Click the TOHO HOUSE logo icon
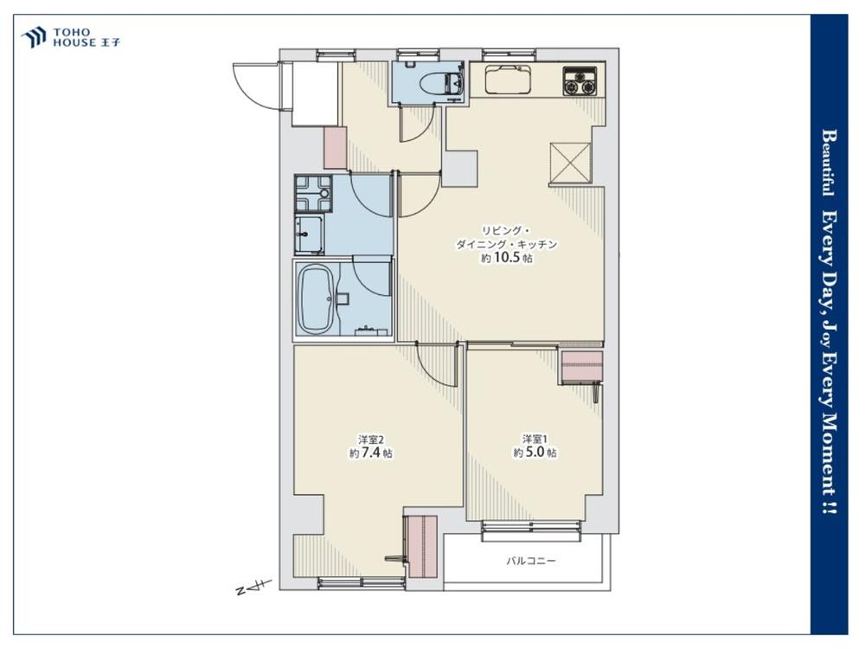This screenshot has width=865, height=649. pyautogui.click(x=33, y=37)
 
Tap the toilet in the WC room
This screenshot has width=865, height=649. pyautogui.click(x=441, y=83)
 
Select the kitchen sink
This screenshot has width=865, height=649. pyautogui.click(x=509, y=80)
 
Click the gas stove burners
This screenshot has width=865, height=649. pyautogui.click(x=580, y=81)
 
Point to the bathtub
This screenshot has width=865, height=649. pyautogui.click(x=315, y=299)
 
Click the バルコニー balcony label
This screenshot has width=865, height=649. pyautogui.click(x=531, y=562)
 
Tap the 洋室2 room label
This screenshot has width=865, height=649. pyautogui.click(x=371, y=440)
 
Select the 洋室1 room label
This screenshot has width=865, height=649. pyautogui.click(x=535, y=440)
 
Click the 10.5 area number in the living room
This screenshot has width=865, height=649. pyautogui.click(x=506, y=258)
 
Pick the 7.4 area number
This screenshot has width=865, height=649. pyautogui.click(x=372, y=453)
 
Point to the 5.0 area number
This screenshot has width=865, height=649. pyautogui.click(x=535, y=453)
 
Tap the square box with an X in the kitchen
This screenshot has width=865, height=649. pyautogui.click(x=570, y=163)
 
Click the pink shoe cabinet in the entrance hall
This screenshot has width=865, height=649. pyautogui.click(x=335, y=147)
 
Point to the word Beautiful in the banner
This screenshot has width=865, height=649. pyautogui.click(x=828, y=163)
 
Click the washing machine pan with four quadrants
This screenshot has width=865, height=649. pyautogui.click(x=313, y=194)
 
